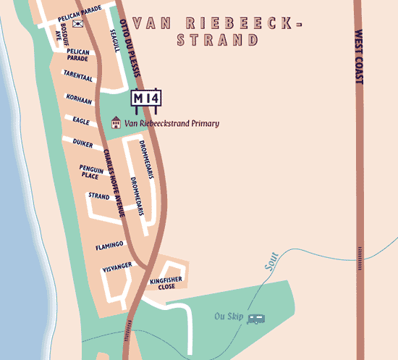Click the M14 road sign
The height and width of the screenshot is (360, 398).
click(146, 98)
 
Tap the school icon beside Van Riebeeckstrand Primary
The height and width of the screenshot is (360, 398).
click(115, 124)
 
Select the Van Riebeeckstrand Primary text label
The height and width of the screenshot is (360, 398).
click(172, 124)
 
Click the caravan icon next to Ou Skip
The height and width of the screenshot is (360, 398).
click(255, 318)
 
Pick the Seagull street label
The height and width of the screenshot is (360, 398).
click(114, 40)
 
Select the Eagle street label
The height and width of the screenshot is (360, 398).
click(81, 121)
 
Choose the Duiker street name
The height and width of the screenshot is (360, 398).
click(83, 143)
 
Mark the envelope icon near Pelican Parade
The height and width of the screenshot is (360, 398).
click(77, 24)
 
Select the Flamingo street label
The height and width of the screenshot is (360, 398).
click(110, 245)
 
